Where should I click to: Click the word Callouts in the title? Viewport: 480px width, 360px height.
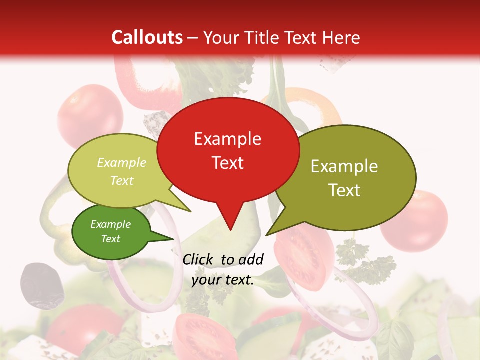[x=147, y=37]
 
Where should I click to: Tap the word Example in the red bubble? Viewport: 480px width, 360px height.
[x=227, y=139]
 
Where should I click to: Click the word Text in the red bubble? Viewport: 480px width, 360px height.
[x=227, y=163]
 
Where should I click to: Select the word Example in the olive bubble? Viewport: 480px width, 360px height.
[x=344, y=166]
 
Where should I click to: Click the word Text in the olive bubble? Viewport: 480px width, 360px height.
[x=344, y=190]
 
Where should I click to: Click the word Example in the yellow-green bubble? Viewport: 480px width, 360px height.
[x=122, y=163]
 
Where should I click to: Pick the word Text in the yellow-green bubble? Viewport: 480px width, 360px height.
[x=122, y=181]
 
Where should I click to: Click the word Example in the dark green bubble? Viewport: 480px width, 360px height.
[x=111, y=224]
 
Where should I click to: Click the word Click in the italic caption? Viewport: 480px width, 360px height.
[x=199, y=259]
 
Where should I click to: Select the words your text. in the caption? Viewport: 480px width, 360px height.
[x=223, y=280]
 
